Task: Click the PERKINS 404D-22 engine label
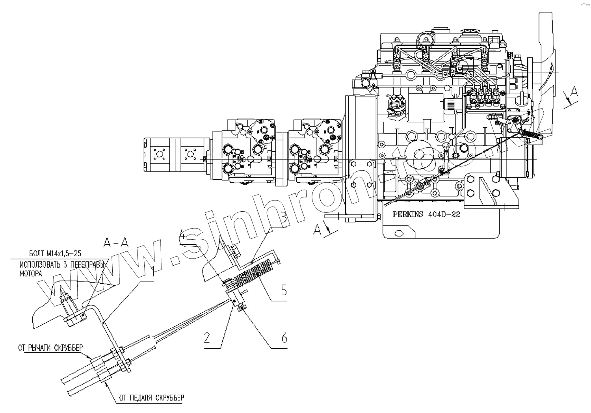pos(426,215)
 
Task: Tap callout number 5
pos(283,291)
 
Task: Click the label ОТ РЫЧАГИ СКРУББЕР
pos(51,348)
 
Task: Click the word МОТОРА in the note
pos(30,272)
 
